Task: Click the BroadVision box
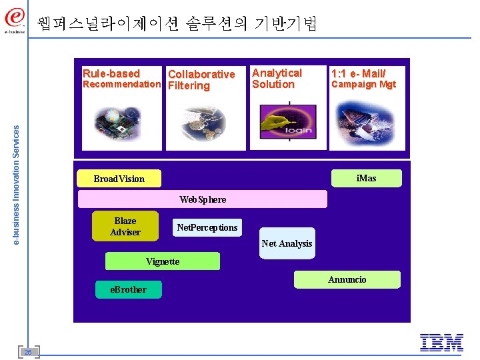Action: (119, 179)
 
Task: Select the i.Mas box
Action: (366, 178)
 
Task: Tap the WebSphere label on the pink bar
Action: (203, 199)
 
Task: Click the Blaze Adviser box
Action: (125, 226)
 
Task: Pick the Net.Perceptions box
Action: (207, 227)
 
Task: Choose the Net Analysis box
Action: (287, 243)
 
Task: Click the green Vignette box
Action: (163, 261)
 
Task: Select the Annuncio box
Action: (347, 279)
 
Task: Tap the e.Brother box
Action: (129, 289)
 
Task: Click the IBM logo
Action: (441, 343)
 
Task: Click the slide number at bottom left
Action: (29, 351)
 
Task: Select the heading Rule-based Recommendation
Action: (121, 79)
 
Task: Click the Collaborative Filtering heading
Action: (201, 79)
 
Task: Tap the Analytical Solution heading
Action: (277, 79)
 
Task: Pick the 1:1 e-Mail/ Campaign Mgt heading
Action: (363, 79)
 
